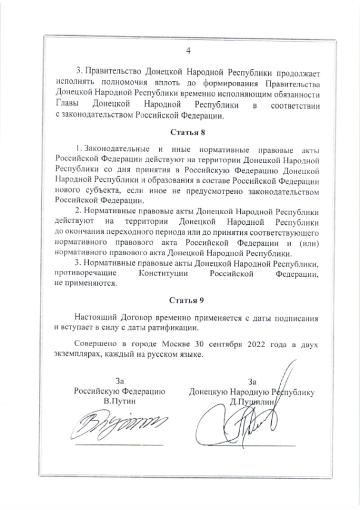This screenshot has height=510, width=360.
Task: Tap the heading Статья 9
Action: (188, 298)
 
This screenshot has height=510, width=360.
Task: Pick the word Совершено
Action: (95, 345)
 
